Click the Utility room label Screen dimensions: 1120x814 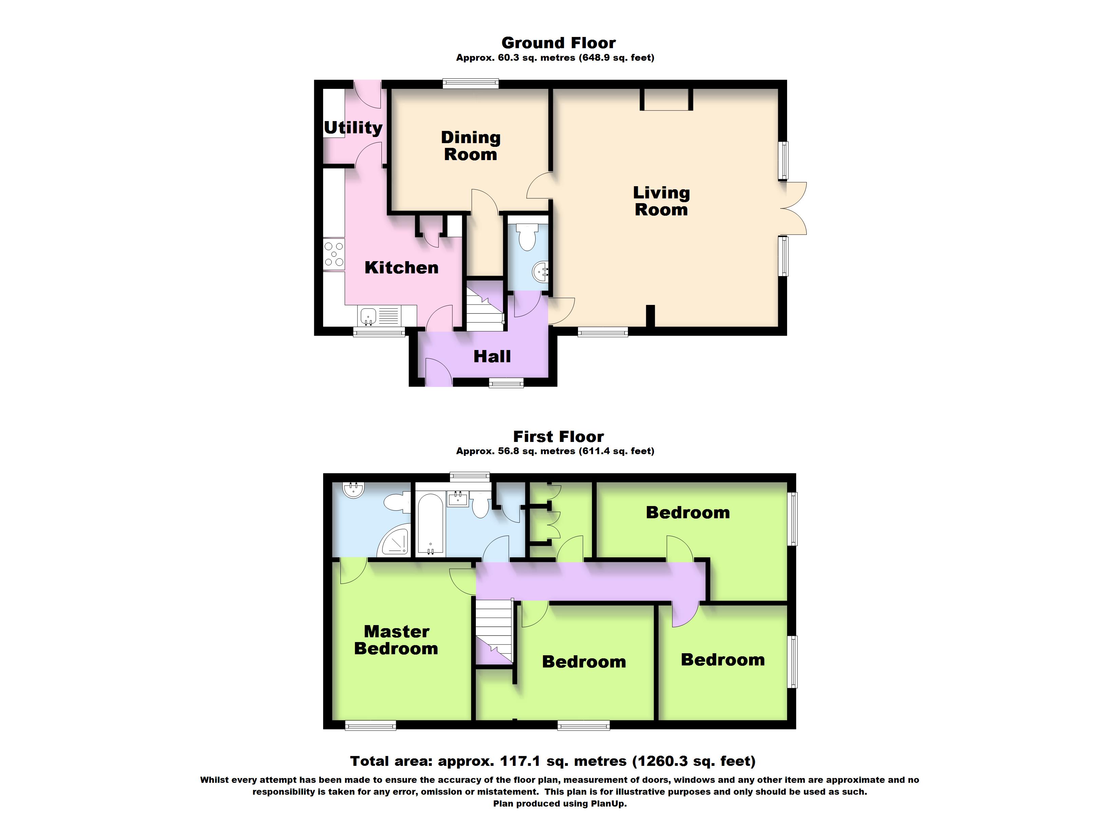353,128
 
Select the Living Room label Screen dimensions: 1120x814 661,201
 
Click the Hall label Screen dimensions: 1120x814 492,356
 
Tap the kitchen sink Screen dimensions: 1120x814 379,316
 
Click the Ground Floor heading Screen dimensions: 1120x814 559,43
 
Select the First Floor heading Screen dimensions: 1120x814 559,437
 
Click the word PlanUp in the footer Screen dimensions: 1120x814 610,803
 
